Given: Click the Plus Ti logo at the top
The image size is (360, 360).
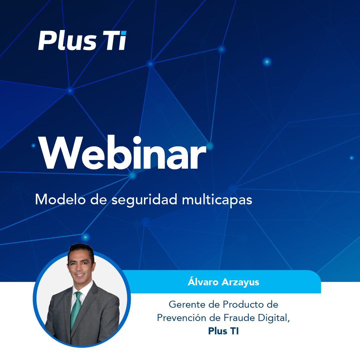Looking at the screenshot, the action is (82, 40).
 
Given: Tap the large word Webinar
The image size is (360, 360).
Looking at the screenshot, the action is (122, 152).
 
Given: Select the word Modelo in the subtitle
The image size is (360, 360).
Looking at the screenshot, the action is (60, 199).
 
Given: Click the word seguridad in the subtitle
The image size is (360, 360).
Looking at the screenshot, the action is (144, 200).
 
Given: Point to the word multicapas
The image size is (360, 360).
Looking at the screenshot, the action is (217, 200).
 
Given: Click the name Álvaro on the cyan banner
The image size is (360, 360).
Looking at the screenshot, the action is (203, 281).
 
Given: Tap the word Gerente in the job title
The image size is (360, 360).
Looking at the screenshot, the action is (187, 304).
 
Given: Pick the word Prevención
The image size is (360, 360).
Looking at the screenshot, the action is (181, 318).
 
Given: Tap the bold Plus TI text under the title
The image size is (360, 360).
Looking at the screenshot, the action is (223, 331).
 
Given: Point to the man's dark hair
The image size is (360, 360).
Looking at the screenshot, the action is (81, 250).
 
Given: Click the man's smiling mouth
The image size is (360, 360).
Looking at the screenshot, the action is (80, 275).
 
